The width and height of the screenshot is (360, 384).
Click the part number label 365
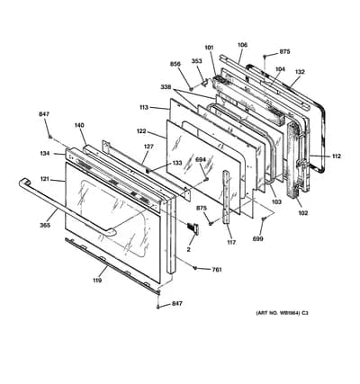[45, 226]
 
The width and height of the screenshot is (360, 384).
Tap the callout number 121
[45, 179]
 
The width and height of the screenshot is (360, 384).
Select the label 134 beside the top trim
[44, 154]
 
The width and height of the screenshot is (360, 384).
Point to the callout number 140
[79, 125]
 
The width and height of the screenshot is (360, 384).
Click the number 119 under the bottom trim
[97, 281]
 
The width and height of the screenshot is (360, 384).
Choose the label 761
[217, 270]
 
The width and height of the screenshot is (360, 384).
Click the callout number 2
[189, 249]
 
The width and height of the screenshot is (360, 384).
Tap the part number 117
[231, 242]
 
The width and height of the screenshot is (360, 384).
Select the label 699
[258, 239]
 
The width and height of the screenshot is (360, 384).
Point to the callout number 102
[302, 213]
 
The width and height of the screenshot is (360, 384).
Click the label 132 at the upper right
[300, 72]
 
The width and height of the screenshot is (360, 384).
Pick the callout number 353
[197, 61]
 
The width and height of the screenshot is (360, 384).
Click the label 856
[175, 64]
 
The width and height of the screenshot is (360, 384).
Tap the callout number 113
[144, 107]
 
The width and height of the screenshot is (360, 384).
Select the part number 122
[141, 131]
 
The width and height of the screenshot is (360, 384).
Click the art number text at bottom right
[282, 313]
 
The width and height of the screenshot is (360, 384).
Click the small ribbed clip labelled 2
[193, 228]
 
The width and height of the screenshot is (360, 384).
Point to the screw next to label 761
[195, 268]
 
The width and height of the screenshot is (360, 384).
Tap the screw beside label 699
[264, 219]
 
